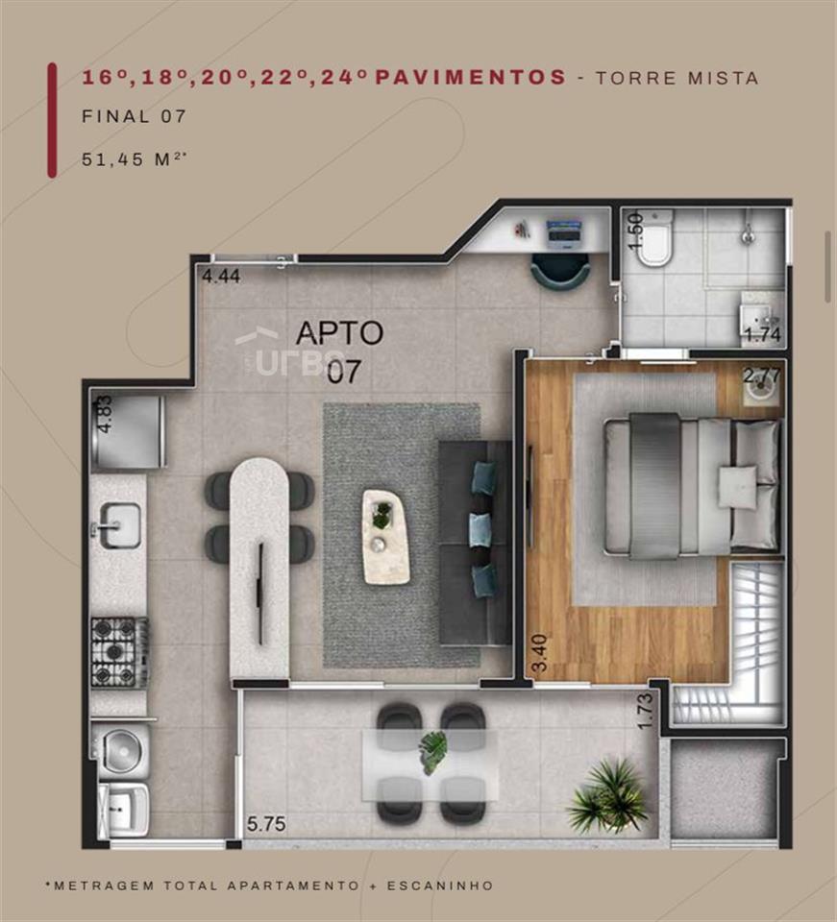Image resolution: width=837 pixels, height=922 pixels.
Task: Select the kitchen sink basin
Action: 119,525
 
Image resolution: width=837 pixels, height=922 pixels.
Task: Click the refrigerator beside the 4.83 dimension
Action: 128,432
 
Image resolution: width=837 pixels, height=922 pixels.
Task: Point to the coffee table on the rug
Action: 386,537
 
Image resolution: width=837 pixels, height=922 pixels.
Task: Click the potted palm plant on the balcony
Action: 607,795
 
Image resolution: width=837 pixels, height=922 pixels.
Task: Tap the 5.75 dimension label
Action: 266,824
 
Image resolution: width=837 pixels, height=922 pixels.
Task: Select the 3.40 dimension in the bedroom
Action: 539,652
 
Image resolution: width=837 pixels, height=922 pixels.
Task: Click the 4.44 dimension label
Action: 221,276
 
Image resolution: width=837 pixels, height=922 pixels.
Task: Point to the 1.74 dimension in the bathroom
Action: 763,334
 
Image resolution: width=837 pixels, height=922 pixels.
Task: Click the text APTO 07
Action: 340,352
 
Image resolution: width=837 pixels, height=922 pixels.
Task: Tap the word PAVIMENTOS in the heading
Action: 471,77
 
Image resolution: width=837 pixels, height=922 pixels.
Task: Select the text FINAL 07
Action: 135,116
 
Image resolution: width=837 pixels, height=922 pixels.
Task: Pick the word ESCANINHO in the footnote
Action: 440,886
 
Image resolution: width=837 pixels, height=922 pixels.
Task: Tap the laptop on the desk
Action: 563,230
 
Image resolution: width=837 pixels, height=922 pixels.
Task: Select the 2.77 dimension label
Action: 763,376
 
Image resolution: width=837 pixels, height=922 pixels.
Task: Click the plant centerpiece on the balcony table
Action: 433,752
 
